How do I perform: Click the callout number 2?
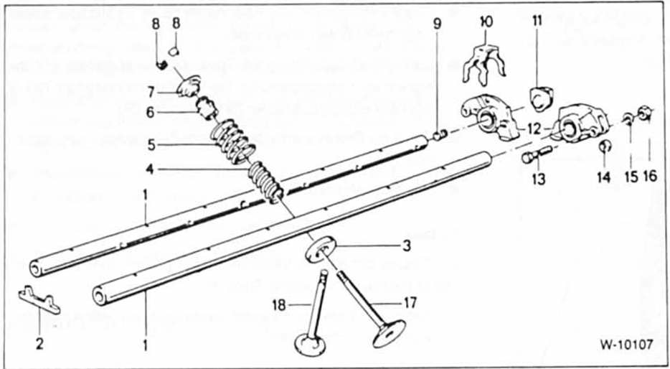(x=39, y=343)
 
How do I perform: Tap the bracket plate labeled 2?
(x=39, y=299)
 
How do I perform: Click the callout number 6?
(x=150, y=113)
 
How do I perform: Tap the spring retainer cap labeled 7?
(x=189, y=85)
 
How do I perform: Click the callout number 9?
(x=436, y=24)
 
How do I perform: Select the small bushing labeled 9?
(x=440, y=136)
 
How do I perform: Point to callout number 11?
(x=537, y=21)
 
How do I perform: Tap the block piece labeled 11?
(x=541, y=99)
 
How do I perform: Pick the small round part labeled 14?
(x=605, y=146)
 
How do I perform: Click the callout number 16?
(x=648, y=176)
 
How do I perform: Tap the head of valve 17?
(x=389, y=334)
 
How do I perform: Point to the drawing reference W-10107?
(x=626, y=344)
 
